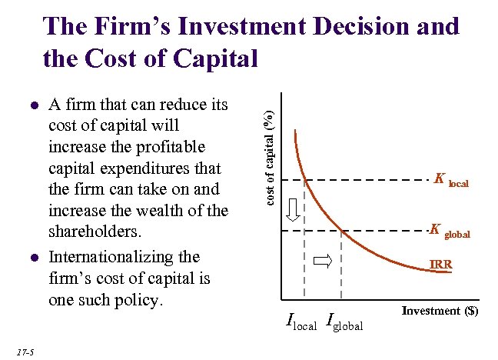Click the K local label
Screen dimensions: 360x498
(x=450, y=182)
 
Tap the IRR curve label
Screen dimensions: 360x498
(x=440, y=265)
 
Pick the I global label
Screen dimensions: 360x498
(x=344, y=322)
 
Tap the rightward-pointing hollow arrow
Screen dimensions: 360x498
(x=323, y=262)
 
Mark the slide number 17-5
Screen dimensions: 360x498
(x=23, y=352)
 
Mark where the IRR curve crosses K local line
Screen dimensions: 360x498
(x=306, y=180)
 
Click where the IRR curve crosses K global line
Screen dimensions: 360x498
(x=340, y=229)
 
